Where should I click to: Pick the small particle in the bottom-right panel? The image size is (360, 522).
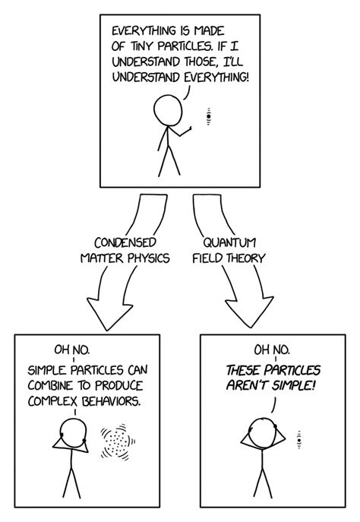tap(300, 439)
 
